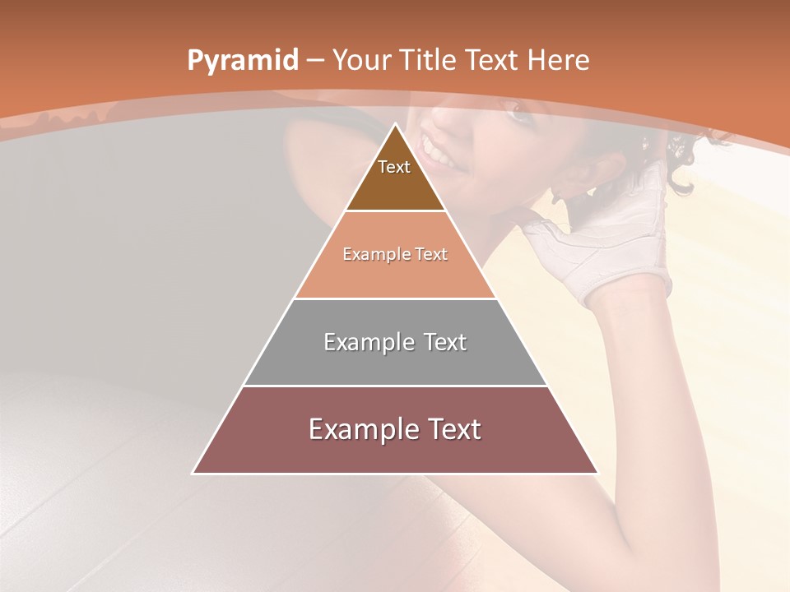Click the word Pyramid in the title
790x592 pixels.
(241, 61)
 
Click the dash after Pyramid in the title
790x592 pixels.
(314, 61)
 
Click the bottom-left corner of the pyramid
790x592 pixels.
(193, 473)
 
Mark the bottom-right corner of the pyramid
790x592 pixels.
(597, 473)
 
